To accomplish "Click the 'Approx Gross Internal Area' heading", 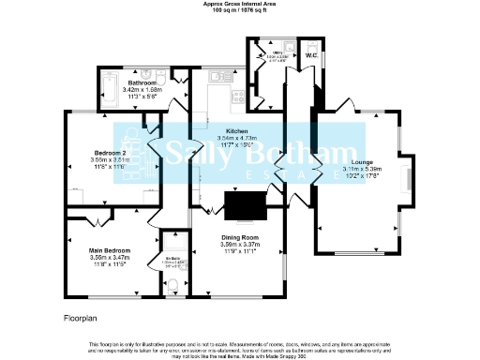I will pos(240,4).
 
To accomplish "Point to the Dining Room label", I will pos(239,237).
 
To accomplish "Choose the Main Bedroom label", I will pos(109,250).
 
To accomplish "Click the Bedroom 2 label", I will pos(109,152).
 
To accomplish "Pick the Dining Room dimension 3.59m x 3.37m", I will pos(239,245).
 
